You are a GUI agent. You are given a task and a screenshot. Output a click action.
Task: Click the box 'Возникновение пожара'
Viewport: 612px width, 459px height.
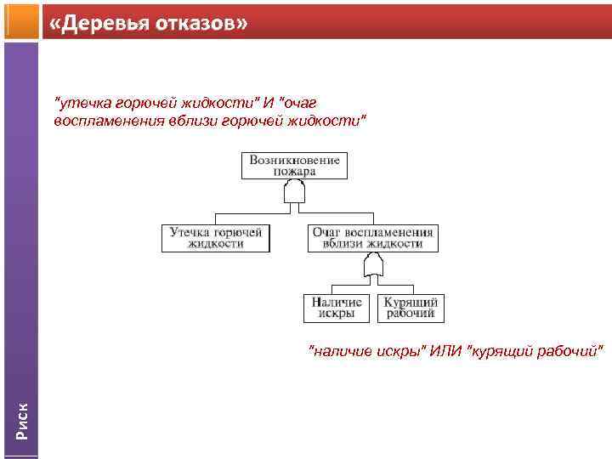coord(294,165)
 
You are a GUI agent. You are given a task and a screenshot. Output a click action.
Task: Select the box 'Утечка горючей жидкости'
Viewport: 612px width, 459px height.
coord(216,237)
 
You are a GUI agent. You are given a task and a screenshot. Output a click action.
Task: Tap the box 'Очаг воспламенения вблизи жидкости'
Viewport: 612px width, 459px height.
coord(372,237)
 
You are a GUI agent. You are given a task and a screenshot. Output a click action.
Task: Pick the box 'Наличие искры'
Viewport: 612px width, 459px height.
coord(337,308)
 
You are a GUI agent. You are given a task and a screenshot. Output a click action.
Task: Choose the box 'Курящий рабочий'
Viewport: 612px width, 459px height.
coord(411,308)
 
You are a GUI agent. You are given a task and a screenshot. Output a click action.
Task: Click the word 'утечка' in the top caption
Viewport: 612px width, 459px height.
coord(80,104)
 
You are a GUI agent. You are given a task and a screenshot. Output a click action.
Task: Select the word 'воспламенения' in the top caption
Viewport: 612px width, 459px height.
coord(101,121)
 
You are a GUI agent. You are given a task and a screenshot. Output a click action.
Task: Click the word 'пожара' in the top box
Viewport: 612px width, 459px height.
coord(294,171)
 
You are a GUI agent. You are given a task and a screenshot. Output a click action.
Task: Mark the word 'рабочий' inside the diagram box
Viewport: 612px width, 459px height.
coord(411,314)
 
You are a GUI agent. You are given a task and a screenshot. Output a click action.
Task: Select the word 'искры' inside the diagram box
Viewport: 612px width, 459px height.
coord(337,314)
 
